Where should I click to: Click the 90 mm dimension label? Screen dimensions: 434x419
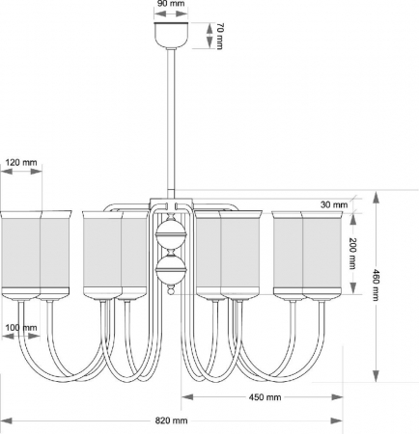click(171, 5)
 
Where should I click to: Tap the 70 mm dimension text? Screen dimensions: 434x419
click(220, 37)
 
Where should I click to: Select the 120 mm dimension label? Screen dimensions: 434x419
click(21, 163)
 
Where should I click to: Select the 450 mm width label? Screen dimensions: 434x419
click(262, 396)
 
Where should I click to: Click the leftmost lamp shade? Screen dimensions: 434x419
click(20, 253)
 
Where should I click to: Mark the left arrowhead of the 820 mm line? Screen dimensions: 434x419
click(5, 420)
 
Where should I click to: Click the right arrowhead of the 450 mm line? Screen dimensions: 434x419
click(340, 395)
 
